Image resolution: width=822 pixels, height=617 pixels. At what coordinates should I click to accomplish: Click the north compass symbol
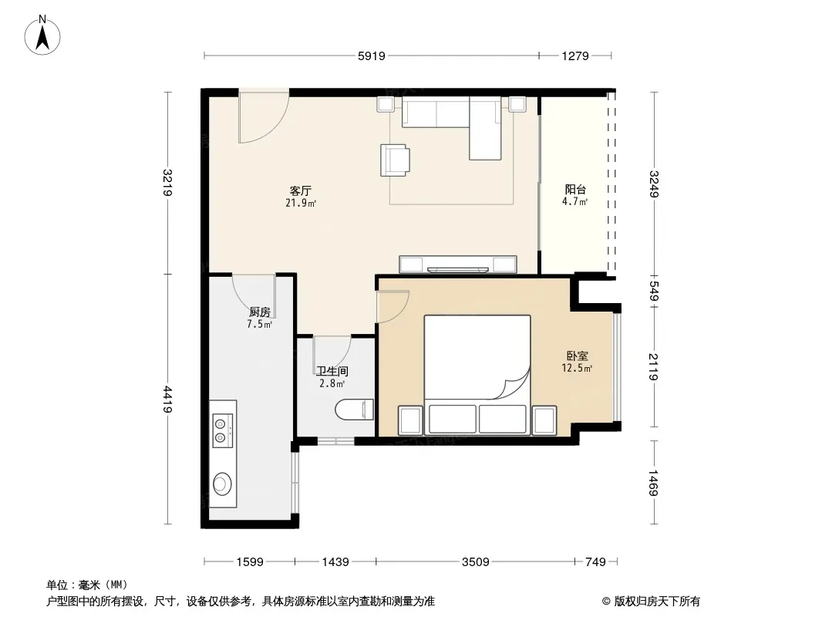[x=42, y=35]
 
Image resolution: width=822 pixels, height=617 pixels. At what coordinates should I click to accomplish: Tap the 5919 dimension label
[x=371, y=56]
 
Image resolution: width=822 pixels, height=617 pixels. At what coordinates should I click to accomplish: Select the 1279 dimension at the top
[x=575, y=56]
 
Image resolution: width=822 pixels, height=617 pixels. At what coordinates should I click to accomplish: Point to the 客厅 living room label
[x=301, y=190]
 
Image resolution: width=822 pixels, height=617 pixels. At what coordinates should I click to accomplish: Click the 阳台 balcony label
[x=575, y=189]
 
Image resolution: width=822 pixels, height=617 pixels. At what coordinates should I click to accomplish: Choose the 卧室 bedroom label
[x=578, y=356]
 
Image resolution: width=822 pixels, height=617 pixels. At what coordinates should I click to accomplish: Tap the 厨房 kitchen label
[x=260, y=312]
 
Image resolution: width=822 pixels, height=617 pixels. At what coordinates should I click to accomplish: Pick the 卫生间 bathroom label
[x=332, y=372]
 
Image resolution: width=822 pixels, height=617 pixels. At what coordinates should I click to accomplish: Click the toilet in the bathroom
[x=355, y=410]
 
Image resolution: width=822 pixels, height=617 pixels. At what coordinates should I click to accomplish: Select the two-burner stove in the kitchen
[x=222, y=430]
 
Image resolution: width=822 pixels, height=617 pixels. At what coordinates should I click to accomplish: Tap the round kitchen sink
[x=222, y=484]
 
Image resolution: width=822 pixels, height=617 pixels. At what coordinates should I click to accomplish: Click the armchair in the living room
[x=395, y=160]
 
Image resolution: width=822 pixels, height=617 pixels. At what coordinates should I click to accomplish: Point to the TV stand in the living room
[x=458, y=265]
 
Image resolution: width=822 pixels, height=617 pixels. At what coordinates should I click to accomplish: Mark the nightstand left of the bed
[x=410, y=420]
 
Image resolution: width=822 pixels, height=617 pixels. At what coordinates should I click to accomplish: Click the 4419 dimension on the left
[x=167, y=400]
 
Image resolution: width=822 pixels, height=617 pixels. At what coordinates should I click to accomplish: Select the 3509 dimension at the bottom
[x=476, y=562]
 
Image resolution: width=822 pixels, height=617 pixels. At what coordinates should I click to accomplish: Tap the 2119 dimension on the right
[x=653, y=366]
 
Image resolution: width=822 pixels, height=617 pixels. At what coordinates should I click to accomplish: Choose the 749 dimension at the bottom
[x=595, y=562]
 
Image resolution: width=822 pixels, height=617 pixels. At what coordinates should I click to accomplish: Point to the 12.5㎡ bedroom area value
[x=577, y=368]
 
